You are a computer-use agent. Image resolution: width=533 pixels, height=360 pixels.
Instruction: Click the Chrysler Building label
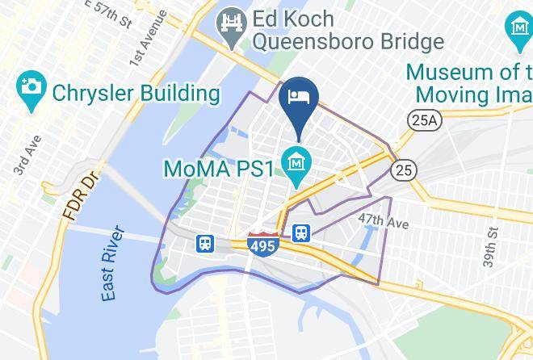(x=136, y=94)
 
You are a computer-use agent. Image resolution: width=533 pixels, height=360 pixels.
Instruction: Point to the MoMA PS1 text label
(x=219, y=169)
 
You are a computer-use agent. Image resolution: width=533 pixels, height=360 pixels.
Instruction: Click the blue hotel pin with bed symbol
(x=299, y=99)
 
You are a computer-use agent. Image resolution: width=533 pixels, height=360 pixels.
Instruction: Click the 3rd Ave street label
(x=21, y=160)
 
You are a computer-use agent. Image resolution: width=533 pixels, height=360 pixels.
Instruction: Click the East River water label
(x=115, y=265)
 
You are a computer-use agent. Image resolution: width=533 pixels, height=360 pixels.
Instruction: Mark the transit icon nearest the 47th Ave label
(x=302, y=232)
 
